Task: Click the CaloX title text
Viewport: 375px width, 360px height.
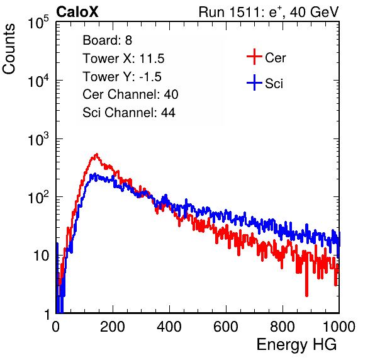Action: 77,12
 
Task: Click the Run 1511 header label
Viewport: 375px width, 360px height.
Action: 269,12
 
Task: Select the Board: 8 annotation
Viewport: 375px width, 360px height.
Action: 107,40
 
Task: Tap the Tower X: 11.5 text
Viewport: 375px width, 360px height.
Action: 123,59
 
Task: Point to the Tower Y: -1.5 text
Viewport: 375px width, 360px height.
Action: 122,77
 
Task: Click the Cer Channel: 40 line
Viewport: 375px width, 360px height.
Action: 130,94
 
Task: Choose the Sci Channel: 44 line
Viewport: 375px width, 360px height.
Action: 129,113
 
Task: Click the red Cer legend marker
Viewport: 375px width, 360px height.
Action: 254,57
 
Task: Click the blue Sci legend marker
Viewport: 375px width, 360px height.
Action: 254,82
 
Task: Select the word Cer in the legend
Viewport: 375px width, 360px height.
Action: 275,58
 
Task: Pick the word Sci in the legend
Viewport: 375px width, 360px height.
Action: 274,84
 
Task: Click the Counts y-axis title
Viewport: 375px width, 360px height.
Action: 9,49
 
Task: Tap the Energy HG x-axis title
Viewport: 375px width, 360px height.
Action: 296,345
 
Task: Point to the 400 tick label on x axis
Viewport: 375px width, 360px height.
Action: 169,327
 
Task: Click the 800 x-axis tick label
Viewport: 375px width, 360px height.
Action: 283,327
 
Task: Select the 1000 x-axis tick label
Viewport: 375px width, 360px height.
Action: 339,327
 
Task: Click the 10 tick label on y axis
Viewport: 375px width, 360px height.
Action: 42,256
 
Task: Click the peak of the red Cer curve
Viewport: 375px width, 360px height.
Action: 97,154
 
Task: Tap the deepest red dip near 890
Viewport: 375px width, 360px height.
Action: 306,296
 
